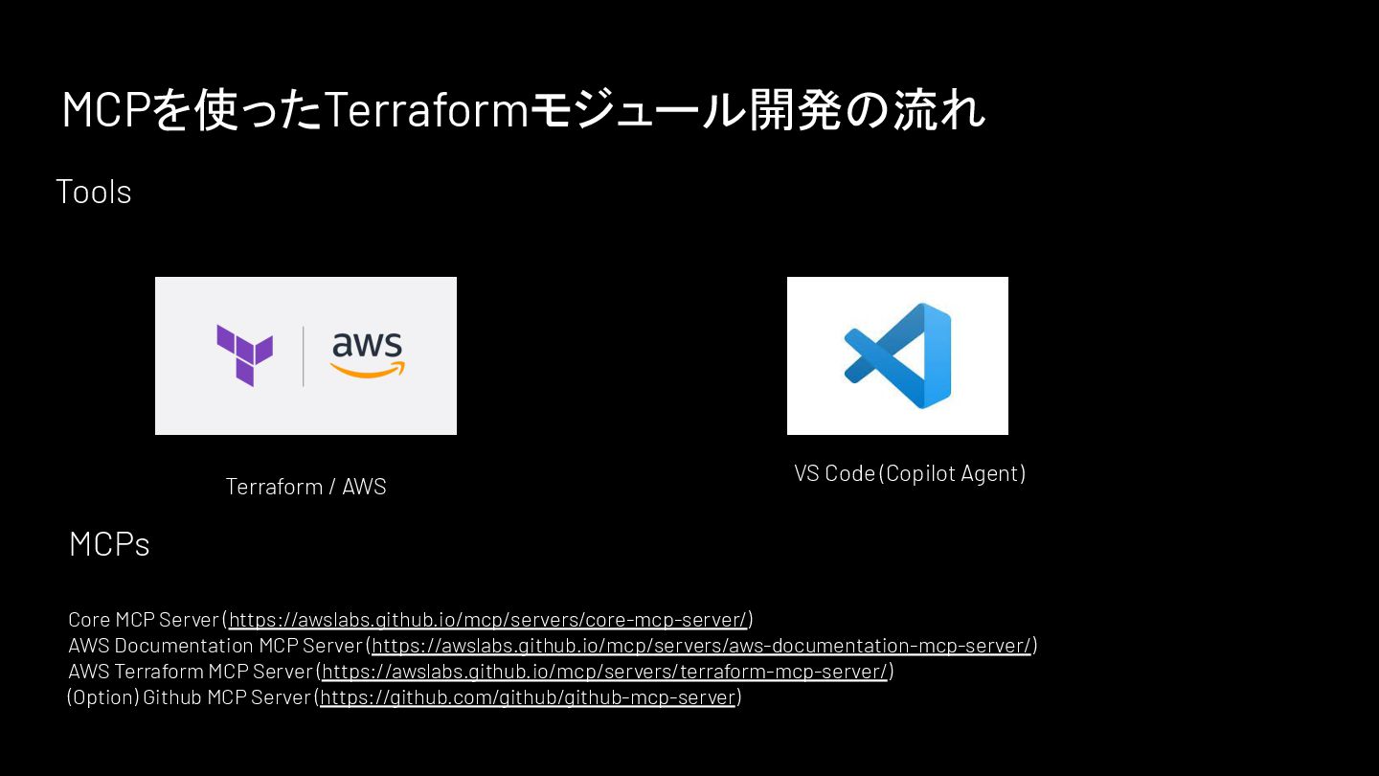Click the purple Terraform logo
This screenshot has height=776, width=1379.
pos(244,355)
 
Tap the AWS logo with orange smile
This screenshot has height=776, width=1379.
pos(368,355)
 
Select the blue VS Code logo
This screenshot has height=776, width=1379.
pos(897,355)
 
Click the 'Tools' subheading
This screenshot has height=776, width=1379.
pos(94,192)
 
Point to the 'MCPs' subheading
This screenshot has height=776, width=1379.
pos(109,544)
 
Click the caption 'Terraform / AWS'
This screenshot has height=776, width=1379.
pos(305,487)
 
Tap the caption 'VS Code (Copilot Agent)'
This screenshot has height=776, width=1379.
pos(910,473)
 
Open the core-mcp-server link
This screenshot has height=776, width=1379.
pos(487,620)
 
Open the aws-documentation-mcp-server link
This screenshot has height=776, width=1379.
pos(701,646)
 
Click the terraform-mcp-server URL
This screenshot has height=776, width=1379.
pos(604,672)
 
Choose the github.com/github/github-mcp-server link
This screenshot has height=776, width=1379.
pos(528,697)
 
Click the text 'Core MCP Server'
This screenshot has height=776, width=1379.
pos(144,620)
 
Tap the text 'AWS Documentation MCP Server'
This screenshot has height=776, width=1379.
pos(215,646)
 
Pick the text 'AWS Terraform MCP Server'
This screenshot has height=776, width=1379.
pos(191,672)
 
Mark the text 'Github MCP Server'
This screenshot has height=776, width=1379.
pos(227,697)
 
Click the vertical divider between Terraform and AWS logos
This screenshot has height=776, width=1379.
pos(304,356)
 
